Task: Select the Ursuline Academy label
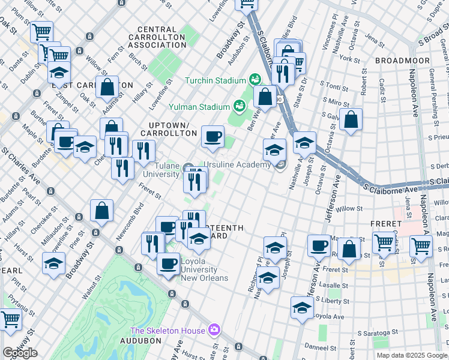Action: pos(237,165)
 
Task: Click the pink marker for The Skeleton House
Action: pos(214,330)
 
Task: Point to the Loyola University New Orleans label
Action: pos(205,274)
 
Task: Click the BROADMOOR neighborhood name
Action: pos(402,61)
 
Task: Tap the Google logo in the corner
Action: pos(20,353)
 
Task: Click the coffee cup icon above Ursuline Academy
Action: pos(212,137)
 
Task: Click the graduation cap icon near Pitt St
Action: pos(53,263)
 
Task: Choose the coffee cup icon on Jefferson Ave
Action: pos(319,245)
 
